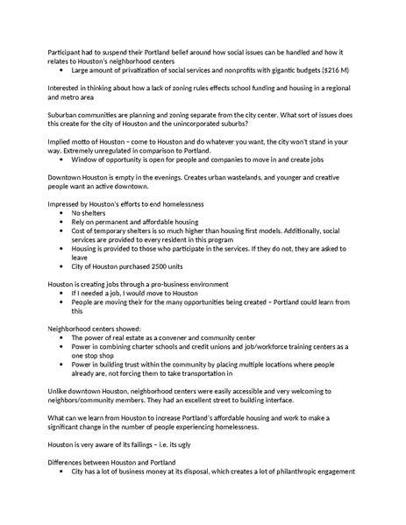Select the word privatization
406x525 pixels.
click(138, 68)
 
